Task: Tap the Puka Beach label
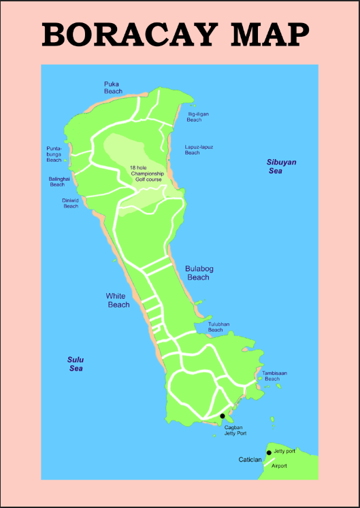[113, 88]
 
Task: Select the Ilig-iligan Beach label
[198, 117]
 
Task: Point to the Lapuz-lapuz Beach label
[199, 150]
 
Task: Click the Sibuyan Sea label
[281, 167]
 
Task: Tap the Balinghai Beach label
[57, 182]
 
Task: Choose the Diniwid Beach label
[71, 203]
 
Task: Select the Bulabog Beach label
[199, 273]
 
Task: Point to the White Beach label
[118, 301]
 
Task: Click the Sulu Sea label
[76, 364]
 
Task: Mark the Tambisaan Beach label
[272, 375]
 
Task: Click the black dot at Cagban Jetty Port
[223, 416]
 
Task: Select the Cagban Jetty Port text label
[235, 430]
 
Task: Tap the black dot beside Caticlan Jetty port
[269, 452]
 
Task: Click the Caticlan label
[250, 460]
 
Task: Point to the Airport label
[280, 466]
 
